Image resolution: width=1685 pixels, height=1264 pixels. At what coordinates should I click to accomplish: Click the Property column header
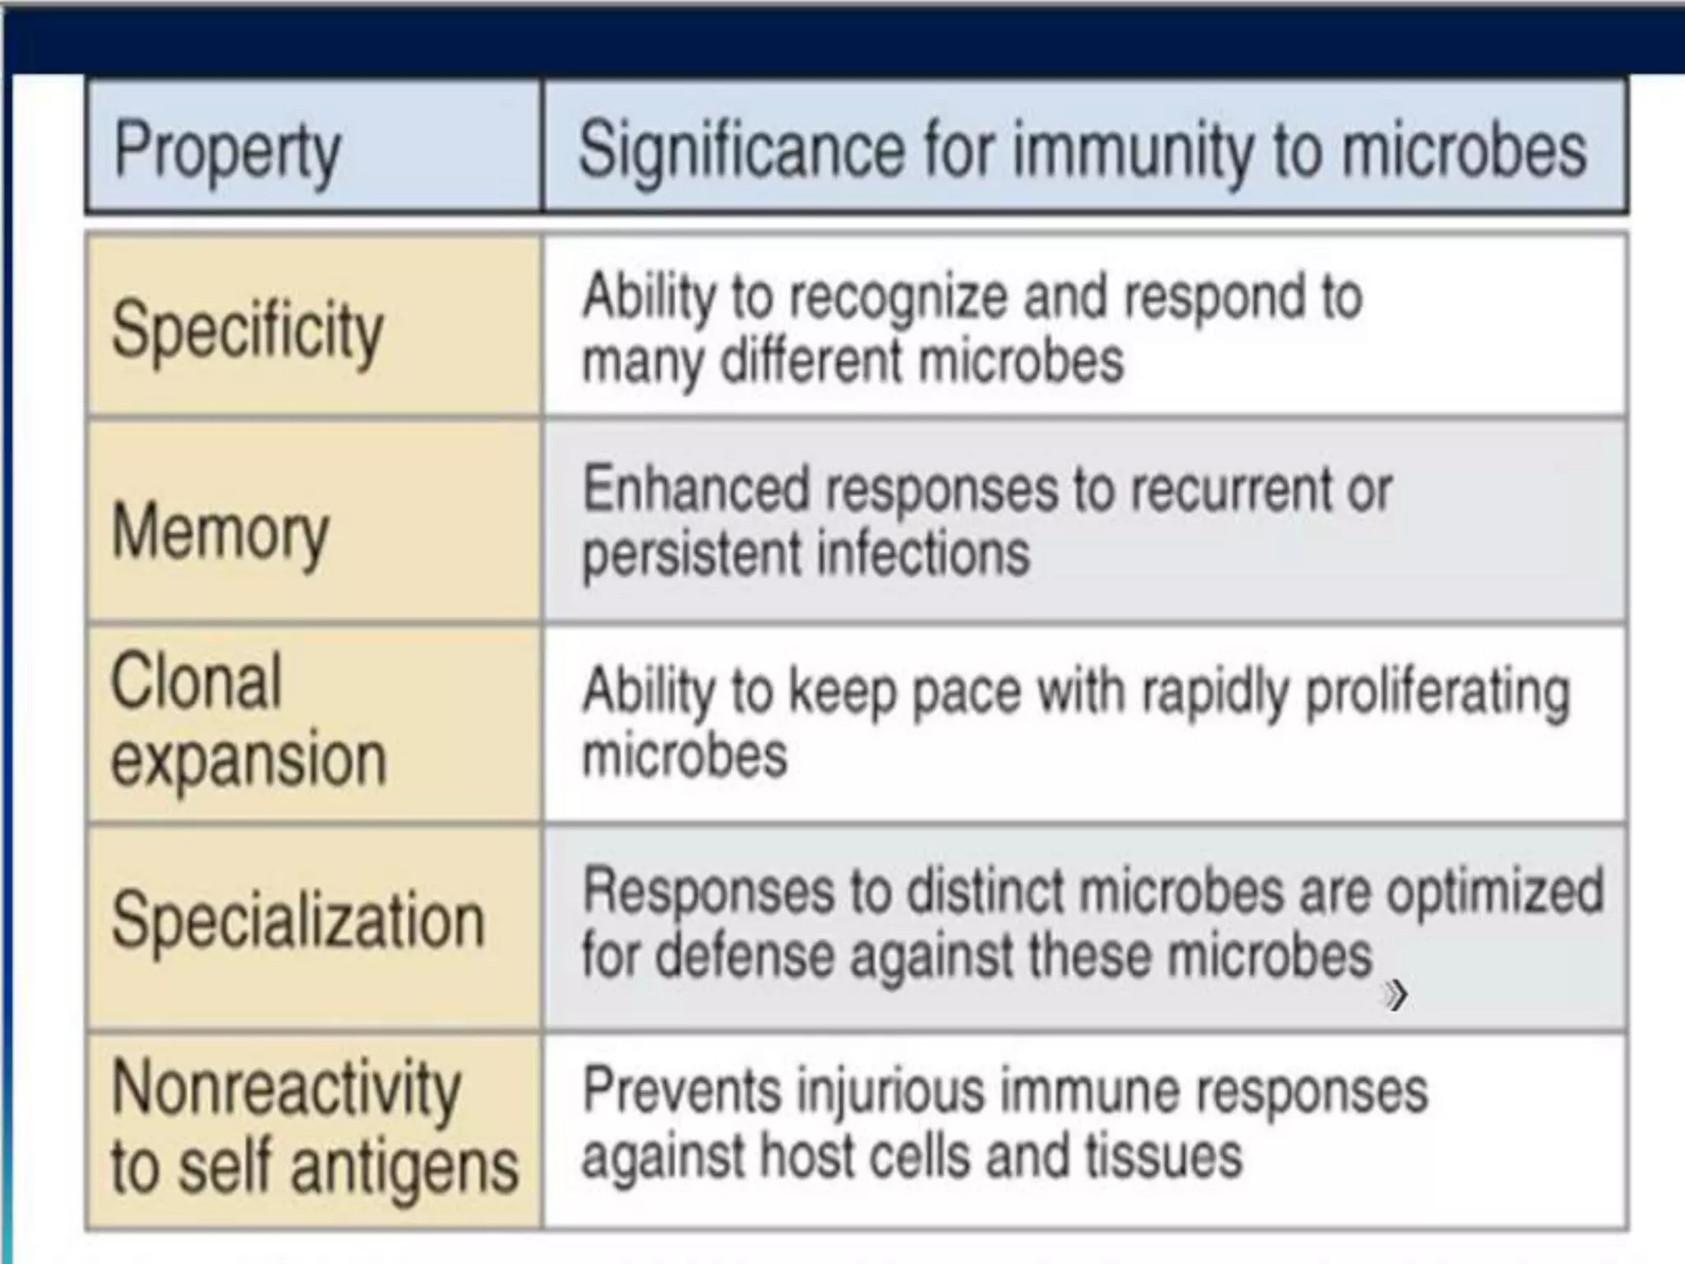click(x=227, y=151)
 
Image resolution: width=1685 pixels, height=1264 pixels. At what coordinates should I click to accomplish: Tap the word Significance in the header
click(x=740, y=150)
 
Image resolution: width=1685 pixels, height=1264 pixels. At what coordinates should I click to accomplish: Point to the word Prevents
click(x=680, y=1091)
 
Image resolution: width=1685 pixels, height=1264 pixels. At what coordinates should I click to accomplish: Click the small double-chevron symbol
click(x=1395, y=996)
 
